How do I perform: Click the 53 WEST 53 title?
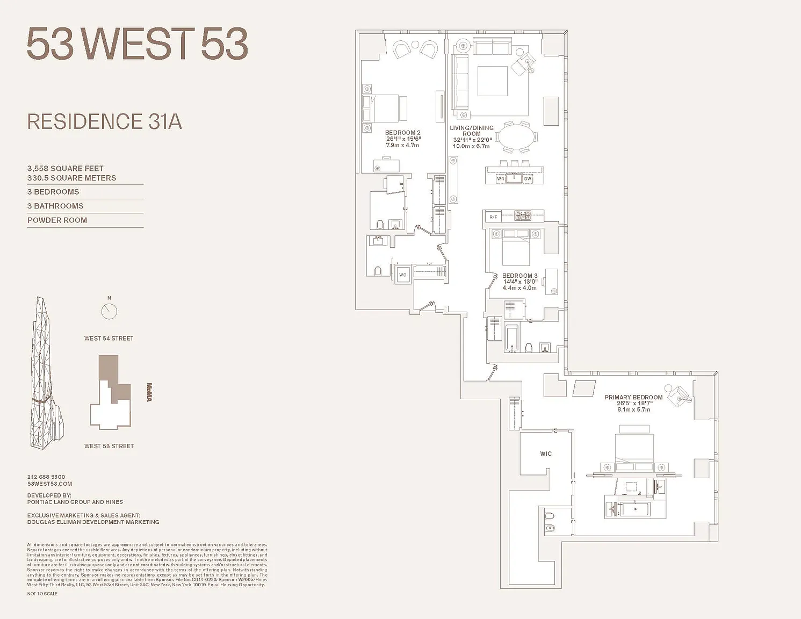(137, 44)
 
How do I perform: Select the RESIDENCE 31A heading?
(105, 122)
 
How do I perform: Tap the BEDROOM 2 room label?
(403, 133)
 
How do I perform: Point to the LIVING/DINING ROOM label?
(472, 131)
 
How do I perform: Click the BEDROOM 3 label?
(519, 276)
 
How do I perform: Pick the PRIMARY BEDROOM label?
(633, 398)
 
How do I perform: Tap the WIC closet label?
(546, 454)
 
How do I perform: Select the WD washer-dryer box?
(403, 275)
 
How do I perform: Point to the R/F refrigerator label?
(493, 217)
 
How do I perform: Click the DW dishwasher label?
(528, 179)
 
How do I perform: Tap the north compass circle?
(109, 311)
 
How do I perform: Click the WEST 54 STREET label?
(109, 339)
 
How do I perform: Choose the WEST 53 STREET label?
(109, 446)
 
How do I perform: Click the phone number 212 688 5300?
(46, 477)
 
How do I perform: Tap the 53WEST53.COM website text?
(49, 484)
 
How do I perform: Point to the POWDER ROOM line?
(57, 220)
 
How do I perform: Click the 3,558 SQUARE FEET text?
(66, 169)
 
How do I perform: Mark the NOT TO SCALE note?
(42, 594)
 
